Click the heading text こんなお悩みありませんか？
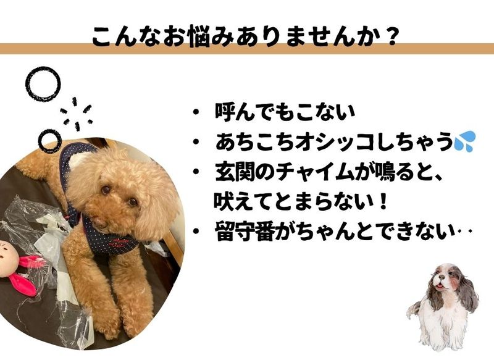tap(245, 36)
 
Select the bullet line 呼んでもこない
tap(285, 112)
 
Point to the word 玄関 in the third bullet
tap(235, 173)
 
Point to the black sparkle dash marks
tap(75, 114)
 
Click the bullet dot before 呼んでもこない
tap(196, 112)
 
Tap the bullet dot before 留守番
tap(196, 232)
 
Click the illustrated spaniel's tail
tap(414, 309)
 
